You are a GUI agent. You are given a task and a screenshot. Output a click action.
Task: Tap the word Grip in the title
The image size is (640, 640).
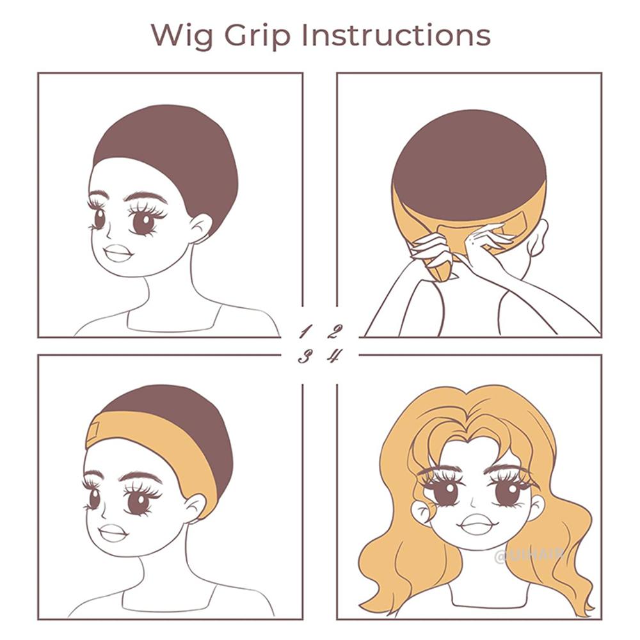[263, 36]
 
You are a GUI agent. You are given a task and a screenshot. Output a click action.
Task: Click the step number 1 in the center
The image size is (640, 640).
[305, 332]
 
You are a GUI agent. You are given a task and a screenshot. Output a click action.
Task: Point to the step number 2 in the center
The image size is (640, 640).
[334, 332]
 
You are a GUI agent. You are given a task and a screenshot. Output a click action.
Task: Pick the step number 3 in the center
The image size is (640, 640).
[305, 356]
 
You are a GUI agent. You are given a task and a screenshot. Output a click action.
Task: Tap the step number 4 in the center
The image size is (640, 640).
[334, 356]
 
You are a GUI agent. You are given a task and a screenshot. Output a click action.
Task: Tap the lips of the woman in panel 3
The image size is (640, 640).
[114, 532]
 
